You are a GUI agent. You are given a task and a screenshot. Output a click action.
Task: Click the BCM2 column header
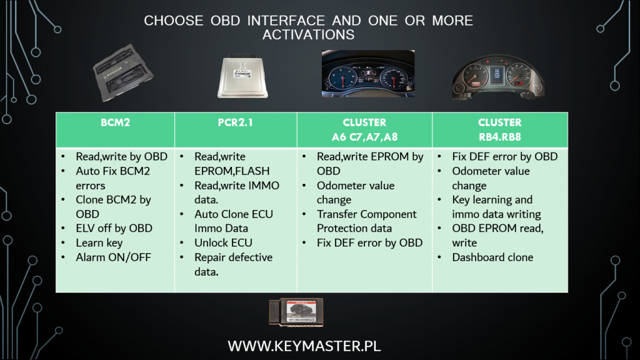pos(116,122)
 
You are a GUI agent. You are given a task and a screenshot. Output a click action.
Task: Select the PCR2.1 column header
pos(236,122)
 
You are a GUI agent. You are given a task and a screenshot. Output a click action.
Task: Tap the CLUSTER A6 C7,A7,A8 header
pos(364,130)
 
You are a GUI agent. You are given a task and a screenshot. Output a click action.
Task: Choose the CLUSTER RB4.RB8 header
pos(499,130)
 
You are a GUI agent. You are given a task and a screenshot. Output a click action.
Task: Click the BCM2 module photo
pos(123,73)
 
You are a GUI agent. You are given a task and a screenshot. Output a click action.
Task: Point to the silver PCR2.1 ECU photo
pos(243,76)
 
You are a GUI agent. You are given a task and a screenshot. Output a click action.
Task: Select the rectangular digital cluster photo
pos(368,74)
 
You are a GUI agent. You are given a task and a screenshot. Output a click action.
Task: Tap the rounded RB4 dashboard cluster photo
pos(498,77)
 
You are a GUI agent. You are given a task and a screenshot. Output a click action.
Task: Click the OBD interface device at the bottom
pos(296,312)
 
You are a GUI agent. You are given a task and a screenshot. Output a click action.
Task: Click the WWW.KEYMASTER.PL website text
pos(304,346)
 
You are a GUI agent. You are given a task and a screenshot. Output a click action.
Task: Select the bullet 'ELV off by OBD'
pos(114,228)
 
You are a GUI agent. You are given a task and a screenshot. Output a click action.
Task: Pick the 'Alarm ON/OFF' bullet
pos(114,257)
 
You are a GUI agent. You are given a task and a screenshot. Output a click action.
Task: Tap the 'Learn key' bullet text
pos(99,243)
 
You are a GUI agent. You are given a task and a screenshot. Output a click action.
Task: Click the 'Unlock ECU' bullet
pos(223,243)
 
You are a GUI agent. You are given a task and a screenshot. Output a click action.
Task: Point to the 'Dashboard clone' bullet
pos(492,257)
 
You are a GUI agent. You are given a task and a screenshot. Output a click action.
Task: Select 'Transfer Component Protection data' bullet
pos(366,221)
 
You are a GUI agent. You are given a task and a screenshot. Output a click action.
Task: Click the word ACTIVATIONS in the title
pos(309,35)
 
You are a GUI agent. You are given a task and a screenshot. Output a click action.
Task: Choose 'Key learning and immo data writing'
pos(496,207)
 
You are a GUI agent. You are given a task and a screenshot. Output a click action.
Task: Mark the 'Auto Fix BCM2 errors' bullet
pos(112,178)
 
